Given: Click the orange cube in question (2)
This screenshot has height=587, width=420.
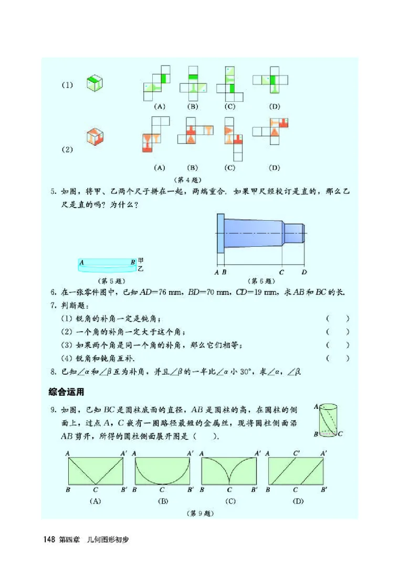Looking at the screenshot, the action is tap(94, 137).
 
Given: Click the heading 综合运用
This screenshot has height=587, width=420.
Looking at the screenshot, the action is tap(66, 392).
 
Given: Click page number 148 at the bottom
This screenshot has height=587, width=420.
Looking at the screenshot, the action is tap(50, 539).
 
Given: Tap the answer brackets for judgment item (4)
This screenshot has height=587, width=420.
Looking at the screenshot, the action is tap(337, 358).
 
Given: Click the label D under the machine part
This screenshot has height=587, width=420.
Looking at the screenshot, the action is tap(304, 273).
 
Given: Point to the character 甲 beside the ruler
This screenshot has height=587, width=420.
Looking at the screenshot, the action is tap(140, 260).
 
